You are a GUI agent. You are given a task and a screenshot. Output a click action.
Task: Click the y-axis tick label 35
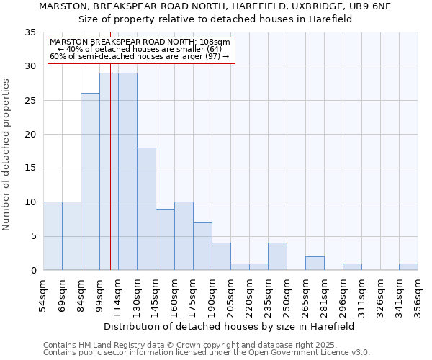[30, 32]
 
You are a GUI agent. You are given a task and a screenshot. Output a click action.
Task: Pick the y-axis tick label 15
[30, 168]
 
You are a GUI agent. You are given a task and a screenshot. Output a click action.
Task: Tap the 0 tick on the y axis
[33, 271]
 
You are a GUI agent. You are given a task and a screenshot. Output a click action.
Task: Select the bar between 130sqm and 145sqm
[146, 209]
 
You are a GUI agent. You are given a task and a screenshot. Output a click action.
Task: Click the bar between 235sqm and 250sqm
[277, 256]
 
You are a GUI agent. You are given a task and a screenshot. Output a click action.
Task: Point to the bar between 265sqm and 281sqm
[315, 264]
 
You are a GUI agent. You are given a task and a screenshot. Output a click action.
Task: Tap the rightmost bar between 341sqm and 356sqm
[408, 267]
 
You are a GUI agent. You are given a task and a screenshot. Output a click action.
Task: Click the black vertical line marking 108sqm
[110, 180]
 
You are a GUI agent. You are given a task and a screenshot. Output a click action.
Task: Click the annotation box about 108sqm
[141, 49]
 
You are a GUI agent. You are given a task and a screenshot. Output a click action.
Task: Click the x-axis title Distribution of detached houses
[230, 326]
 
